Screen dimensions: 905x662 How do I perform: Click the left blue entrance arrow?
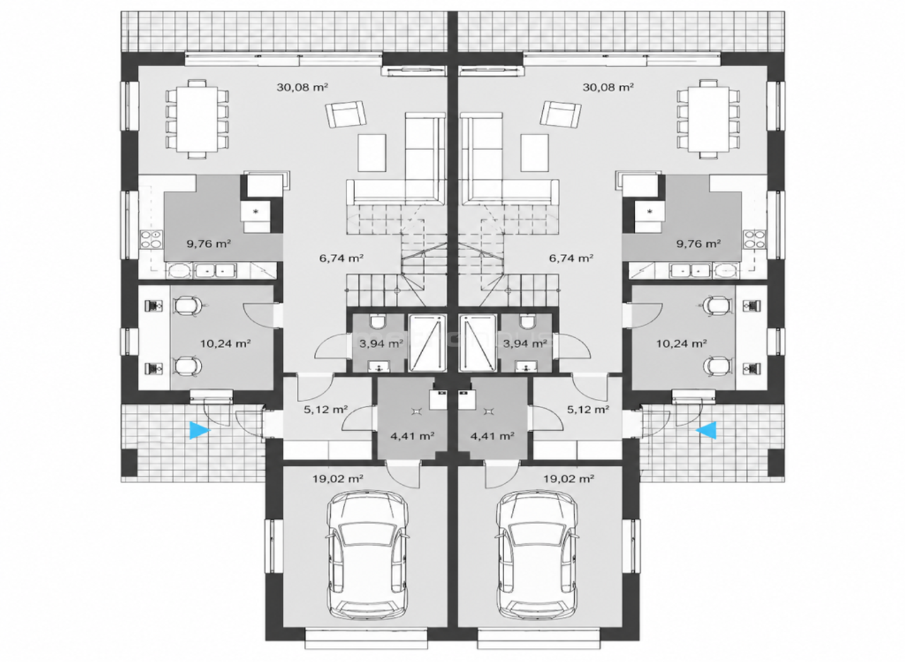pos(199,431)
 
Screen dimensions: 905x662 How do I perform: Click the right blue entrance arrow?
pos(706,431)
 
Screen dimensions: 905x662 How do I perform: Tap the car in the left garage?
pos(367,562)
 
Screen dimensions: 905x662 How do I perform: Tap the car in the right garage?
pos(537,562)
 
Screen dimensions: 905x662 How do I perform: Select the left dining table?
pos(197,120)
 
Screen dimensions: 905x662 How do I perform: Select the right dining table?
pos(708,120)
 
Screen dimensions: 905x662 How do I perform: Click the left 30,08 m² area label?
pos(302,87)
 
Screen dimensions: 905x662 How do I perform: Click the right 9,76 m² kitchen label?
pos(699,244)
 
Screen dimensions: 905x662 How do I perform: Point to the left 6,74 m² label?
pos(341,258)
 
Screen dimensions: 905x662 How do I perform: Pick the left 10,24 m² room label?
pos(226,344)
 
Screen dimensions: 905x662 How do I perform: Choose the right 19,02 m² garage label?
pos(568,479)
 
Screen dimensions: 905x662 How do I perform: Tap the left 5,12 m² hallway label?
pos(326,410)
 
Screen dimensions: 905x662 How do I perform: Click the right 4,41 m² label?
pos(492,436)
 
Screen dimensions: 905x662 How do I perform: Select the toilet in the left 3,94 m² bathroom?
pos(378,322)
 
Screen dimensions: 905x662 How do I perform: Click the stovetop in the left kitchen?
pos(151,238)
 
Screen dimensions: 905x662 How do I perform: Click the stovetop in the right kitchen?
pos(754,238)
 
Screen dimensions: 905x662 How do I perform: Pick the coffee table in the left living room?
pos(372,153)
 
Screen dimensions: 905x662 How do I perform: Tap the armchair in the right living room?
pos(561,115)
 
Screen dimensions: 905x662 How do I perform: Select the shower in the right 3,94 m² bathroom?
pos(477,343)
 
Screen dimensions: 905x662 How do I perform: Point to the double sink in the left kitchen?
pos(216,270)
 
